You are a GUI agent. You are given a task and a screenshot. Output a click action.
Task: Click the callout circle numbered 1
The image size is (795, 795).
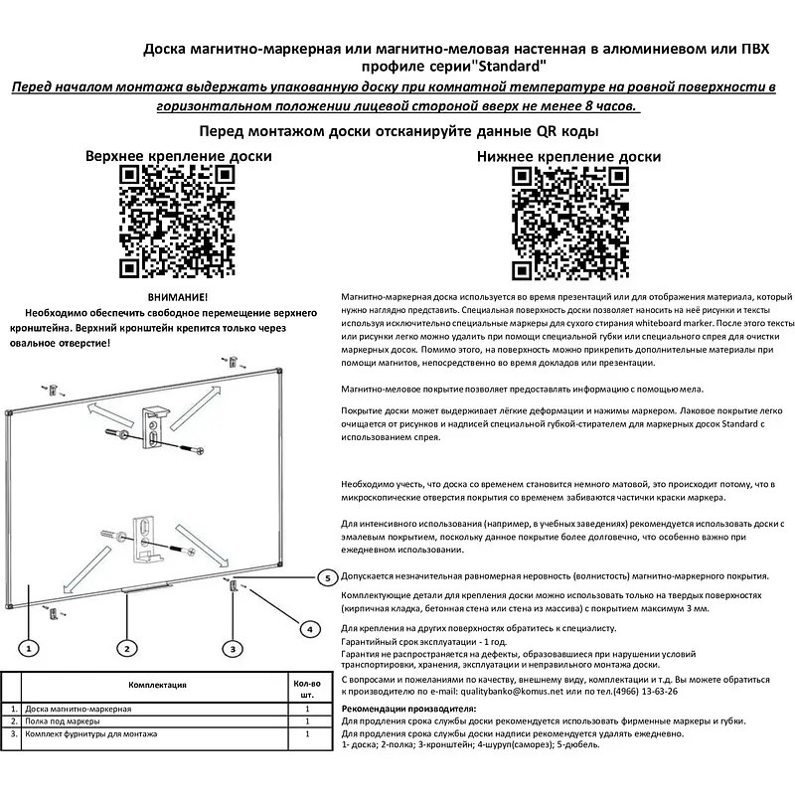(x=30, y=648)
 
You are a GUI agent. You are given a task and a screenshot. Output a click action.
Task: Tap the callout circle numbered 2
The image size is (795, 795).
(x=127, y=648)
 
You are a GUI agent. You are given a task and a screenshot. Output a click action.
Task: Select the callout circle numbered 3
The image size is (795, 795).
(x=233, y=648)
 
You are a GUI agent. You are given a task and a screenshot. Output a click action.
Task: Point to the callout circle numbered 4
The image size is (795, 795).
(x=310, y=628)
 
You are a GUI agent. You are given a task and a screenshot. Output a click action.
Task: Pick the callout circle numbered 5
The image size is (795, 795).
(x=327, y=576)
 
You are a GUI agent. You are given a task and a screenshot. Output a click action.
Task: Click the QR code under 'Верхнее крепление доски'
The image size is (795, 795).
(x=178, y=222)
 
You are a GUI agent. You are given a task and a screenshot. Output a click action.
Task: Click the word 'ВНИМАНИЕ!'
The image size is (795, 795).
(x=178, y=297)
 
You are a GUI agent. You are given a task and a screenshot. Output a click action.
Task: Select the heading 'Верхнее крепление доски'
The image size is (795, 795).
(x=178, y=156)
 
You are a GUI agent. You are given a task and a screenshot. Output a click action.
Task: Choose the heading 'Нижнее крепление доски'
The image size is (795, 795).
(x=568, y=156)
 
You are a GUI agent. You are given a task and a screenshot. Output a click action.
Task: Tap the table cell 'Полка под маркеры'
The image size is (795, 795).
(x=62, y=720)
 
